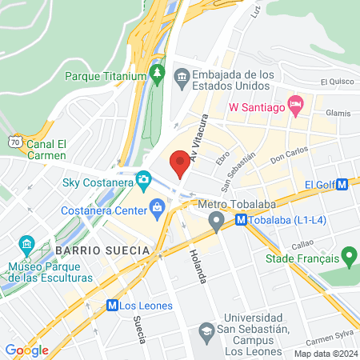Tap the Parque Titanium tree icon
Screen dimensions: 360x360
(x=158, y=76)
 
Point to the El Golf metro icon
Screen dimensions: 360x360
(x=342, y=184)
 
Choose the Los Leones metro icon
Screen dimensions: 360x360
(x=112, y=305)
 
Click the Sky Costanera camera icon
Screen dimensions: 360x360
(x=143, y=178)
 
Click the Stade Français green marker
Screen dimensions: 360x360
(x=348, y=257)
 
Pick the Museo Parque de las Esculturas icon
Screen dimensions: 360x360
(x=26, y=243)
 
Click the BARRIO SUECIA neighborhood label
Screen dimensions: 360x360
(x=103, y=250)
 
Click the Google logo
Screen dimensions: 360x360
(x=26, y=350)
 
